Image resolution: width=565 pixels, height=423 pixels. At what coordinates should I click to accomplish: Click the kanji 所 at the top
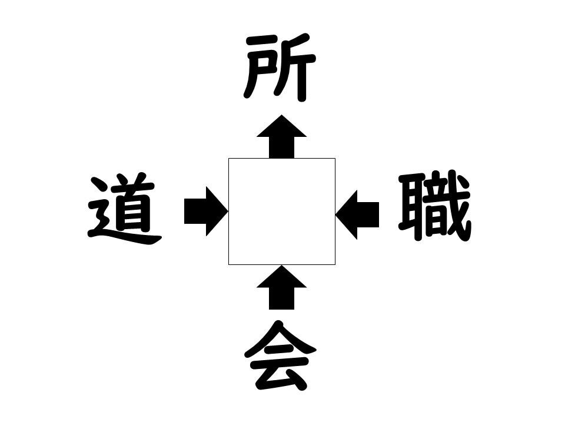tap(280, 68)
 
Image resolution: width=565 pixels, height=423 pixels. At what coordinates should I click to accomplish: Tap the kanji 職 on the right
tap(434, 206)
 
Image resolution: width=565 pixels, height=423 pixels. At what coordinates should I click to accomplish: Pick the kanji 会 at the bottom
tap(280, 356)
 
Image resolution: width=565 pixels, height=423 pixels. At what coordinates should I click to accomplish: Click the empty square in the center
tap(282, 211)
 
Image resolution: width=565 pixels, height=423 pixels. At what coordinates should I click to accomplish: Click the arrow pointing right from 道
tap(206, 211)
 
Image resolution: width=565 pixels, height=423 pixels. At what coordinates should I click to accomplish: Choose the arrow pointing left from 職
tap(357, 215)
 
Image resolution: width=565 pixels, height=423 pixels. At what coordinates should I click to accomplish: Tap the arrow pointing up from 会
tap(281, 287)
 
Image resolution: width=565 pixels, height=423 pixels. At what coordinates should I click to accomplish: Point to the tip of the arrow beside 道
tap(228, 211)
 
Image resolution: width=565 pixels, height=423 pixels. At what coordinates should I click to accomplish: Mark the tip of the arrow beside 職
tap(336, 215)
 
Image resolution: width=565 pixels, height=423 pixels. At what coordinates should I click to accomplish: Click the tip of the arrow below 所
tap(281, 115)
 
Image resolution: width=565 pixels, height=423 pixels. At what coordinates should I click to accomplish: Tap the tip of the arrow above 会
tap(281, 266)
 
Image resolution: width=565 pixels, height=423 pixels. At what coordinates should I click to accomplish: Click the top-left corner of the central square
tap(228, 158)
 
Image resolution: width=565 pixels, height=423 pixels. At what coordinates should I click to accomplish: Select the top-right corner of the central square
tap(335, 158)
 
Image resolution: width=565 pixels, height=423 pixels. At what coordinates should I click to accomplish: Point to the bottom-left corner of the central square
tap(228, 265)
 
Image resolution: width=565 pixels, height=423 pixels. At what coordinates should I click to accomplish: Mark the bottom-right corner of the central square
tap(335, 265)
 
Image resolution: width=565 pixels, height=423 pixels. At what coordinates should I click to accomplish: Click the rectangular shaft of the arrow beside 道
tap(195, 211)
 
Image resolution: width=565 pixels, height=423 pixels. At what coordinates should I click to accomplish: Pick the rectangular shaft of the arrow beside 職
tap(368, 215)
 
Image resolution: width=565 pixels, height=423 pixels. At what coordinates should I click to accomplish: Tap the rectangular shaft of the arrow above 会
tap(281, 298)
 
